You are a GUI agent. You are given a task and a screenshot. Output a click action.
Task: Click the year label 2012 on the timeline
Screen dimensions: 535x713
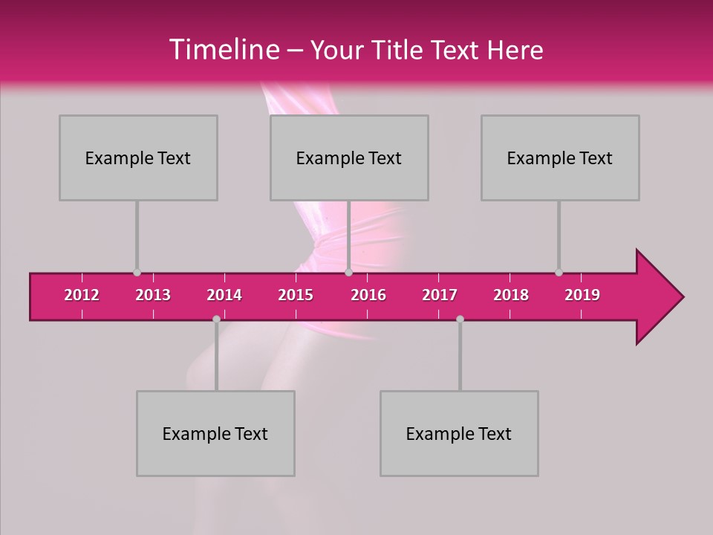pyautogui.click(x=82, y=295)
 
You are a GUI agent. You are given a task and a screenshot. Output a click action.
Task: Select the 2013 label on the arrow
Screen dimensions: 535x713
pyautogui.click(x=153, y=295)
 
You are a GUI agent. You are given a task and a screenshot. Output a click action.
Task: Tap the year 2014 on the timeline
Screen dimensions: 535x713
pyautogui.click(x=224, y=295)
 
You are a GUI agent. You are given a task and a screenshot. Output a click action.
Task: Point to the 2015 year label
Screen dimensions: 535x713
pyautogui.click(x=296, y=295)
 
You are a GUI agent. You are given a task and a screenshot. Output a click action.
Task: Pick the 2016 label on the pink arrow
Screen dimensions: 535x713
pyautogui.click(x=368, y=295)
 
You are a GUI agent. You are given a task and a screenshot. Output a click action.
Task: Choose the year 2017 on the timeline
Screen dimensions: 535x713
pyautogui.click(x=440, y=295)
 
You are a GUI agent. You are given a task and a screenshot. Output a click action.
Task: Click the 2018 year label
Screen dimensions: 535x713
pyautogui.click(x=511, y=295)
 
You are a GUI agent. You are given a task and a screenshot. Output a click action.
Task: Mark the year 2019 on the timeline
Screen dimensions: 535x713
pyautogui.click(x=582, y=295)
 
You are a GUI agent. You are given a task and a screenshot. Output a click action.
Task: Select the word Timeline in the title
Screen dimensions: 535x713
pyautogui.click(x=224, y=50)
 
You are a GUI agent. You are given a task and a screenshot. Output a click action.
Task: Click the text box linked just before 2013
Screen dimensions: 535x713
pyautogui.click(x=138, y=158)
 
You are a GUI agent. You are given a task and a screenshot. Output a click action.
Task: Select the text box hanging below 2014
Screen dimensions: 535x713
pyautogui.click(x=215, y=433)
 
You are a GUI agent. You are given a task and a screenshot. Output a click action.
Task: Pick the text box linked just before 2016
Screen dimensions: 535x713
pyautogui.click(x=349, y=158)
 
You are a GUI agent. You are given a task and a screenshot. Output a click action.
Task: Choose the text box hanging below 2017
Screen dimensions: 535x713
pyautogui.click(x=459, y=433)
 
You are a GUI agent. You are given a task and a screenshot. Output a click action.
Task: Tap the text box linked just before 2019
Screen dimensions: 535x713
pyautogui.click(x=560, y=158)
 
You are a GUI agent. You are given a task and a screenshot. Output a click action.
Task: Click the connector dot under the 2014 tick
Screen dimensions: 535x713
pyautogui.click(x=216, y=319)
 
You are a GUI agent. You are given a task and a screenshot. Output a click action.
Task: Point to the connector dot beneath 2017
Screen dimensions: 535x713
pyautogui.click(x=460, y=319)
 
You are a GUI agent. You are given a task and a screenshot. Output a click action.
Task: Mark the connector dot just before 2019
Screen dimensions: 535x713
pyautogui.click(x=559, y=273)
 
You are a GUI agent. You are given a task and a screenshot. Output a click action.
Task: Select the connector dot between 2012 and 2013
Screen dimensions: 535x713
pyautogui.click(x=137, y=273)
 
